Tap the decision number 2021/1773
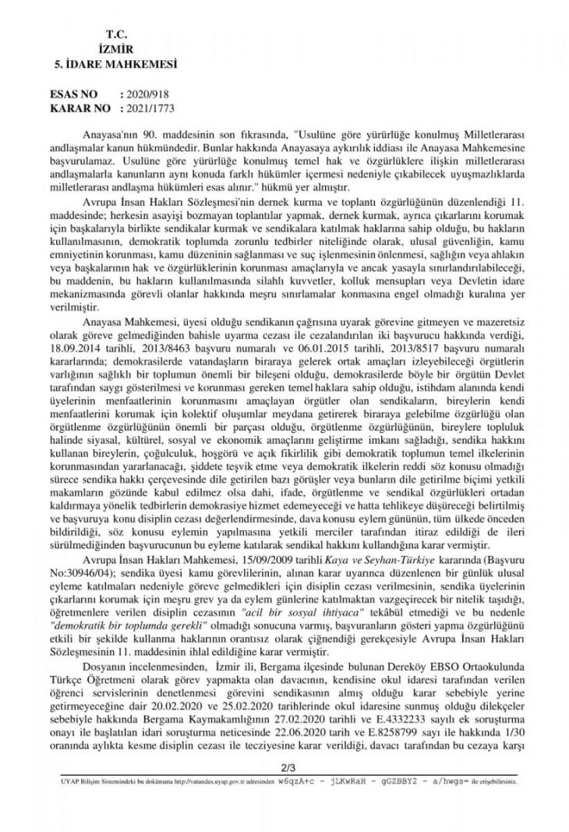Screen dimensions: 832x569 pyautogui.click(x=147, y=106)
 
